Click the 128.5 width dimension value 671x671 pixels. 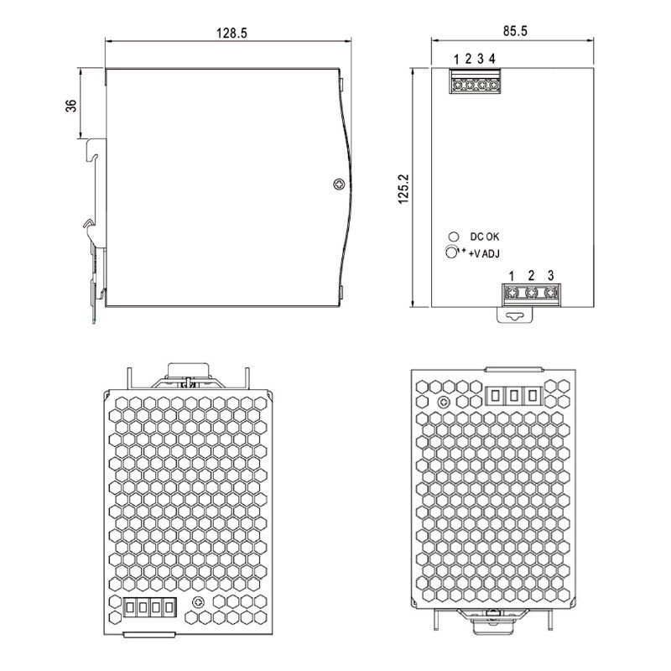[x=231, y=33]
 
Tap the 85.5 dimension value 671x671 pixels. [x=515, y=31]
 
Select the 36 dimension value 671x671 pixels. [x=70, y=106]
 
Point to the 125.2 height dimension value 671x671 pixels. [x=403, y=189]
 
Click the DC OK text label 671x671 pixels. [x=485, y=237]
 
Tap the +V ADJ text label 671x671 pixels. [x=484, y=254]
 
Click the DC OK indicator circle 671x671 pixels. [x=454, y=237]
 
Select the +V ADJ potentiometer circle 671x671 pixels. [x=451, y=252]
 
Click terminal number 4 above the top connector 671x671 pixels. [x=492, y=58]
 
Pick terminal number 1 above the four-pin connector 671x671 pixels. [x=456, y=59]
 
